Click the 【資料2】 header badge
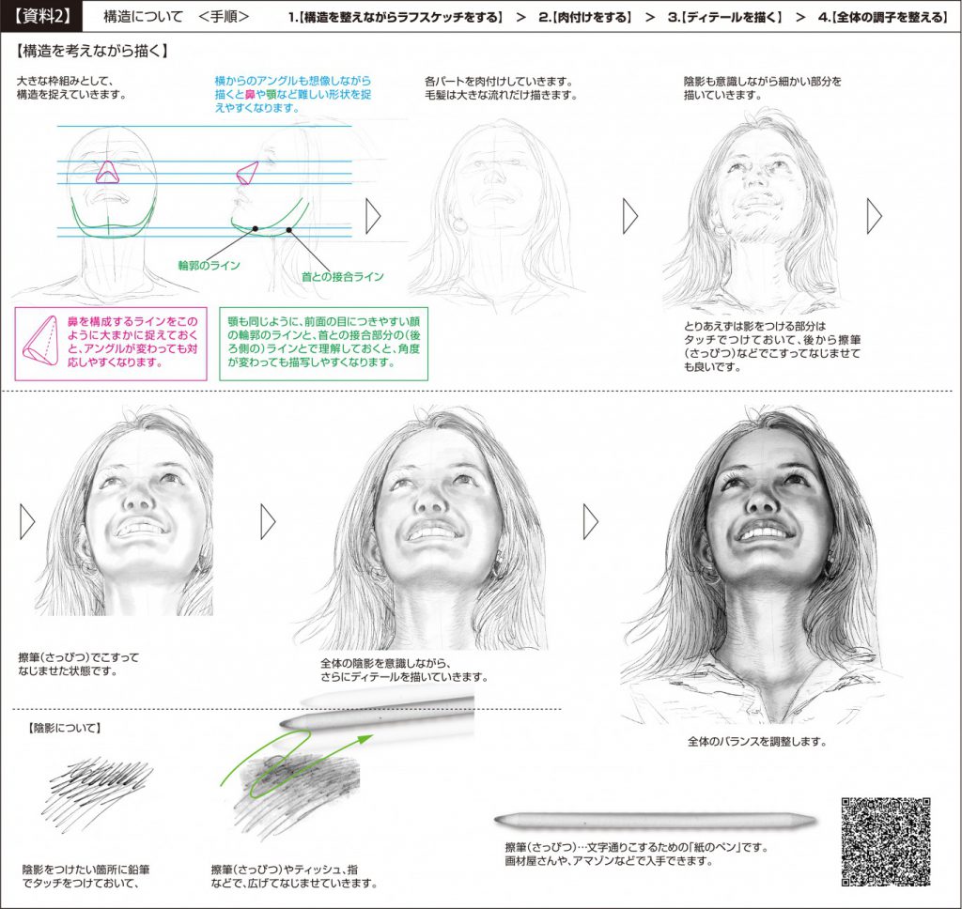(x=40, y=17)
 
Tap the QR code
(x=885, y=840)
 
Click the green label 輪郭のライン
(x=209, y=266)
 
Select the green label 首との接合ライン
(x=342, y=277)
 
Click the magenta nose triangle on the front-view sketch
(x=107, y=173)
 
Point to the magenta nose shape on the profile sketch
(x=247, y=173)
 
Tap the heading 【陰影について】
(x=64, y=728)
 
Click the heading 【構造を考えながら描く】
(x=93, y=51)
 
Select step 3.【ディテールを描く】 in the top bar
(x=725, y=17)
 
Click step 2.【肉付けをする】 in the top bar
(x=584, y=17)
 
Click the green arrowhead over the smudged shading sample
(x=365, y=738)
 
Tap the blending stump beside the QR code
(x=655, y=820)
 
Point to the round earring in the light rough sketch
(x=459, y=223)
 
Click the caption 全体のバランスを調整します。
(x=757, y=742)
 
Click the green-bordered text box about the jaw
(x=323, y=344)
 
